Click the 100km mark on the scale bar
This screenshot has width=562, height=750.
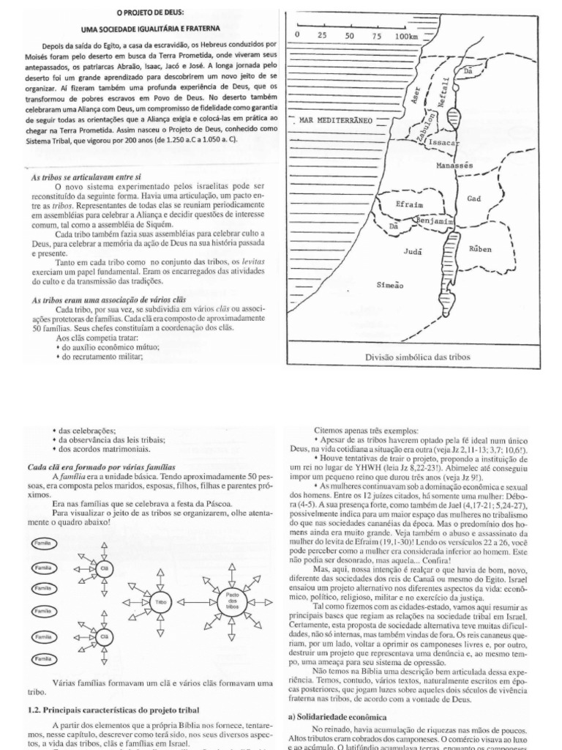(406, 35)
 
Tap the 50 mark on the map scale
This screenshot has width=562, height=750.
(349, 35)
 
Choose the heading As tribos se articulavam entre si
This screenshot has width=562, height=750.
(86, 177)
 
